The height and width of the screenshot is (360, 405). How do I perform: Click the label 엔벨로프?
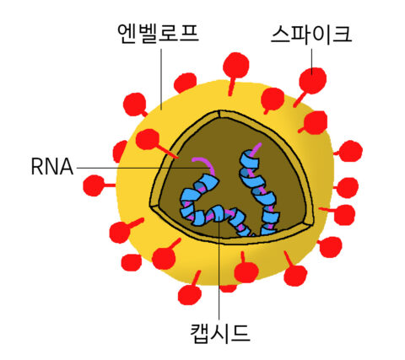pos(158,33)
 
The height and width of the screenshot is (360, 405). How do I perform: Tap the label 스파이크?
pos(311,35)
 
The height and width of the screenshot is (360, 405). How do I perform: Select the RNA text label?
pos(52,167)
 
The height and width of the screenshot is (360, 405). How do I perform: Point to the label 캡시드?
pos(220,333)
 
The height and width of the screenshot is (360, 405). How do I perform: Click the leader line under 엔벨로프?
pos(161,79)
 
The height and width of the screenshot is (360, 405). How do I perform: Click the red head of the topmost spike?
pos(236,65)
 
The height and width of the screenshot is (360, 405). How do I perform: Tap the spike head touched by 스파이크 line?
pos(313,81)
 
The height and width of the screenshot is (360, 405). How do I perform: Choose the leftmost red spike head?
pos(94,185)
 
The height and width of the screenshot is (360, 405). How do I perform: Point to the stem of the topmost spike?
pos(231,86)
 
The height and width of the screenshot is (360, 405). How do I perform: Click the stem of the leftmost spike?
pos(110,185)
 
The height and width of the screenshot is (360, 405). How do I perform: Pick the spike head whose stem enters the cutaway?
pos(147,139)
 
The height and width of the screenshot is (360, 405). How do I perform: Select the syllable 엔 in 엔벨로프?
pos(127,34)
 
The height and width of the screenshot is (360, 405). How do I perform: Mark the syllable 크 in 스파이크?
pos(343,35)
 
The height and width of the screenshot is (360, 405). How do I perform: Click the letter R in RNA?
pos(36,167)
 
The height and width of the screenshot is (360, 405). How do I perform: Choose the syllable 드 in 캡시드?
pos(240,334)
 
